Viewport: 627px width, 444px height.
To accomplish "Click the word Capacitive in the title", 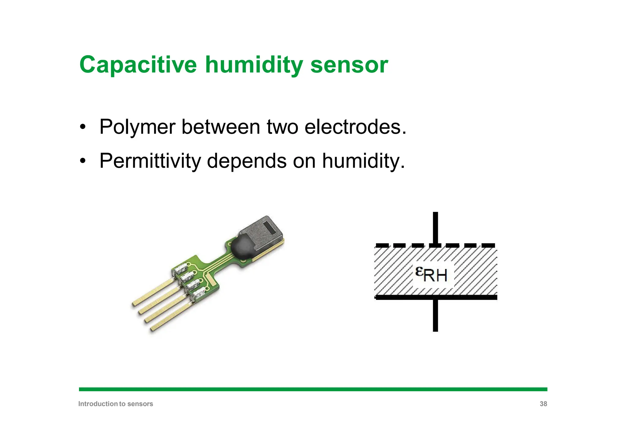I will click(x=138, y=65).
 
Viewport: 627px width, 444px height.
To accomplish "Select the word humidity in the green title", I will click(x=254, y=65).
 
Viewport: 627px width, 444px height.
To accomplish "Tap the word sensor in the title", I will click(x=349, y=65).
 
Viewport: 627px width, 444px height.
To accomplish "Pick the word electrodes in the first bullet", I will click(x=355, y=127).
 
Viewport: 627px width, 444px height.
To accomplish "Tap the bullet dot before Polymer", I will click(x=82, y=127).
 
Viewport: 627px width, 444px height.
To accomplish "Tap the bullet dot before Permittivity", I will click(x=82, y=161).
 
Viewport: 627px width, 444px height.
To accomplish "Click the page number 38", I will click(x=543, y=404).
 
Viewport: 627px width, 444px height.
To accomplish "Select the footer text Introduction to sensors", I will click(x=115, y=404).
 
